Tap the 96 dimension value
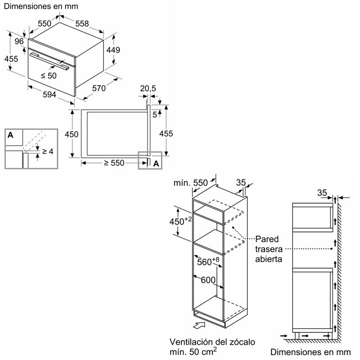pyautogui.click(x=19, y=41)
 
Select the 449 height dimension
pyautogui.click(x=113, y=50)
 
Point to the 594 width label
pyautogui.click(x=49, y=94)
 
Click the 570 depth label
pyautogui.click(x=99, y=89)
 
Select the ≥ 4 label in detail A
pyautogui.click(x=47, y=152)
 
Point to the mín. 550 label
pyautogui.click(x=191, y=183)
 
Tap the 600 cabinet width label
pyautogui.click(x=208, y=280)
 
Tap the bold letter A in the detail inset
pyautogui.click(x=11, y=135)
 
